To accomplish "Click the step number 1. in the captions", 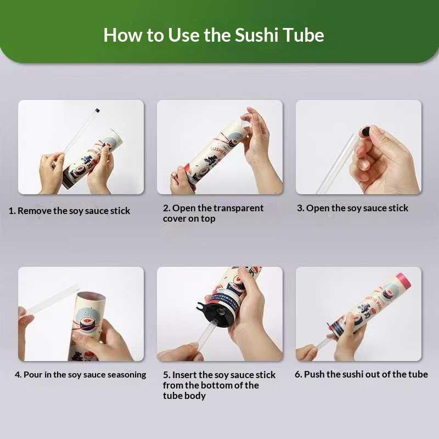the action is [x=12, y=211].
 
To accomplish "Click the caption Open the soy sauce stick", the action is [x=357, y=208].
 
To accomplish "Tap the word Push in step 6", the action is [x=314, y=374].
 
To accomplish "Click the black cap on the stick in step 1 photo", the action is [x=97, y=110].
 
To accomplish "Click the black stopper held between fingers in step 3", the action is [x=365, y=130].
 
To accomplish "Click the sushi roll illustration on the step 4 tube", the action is [x=88, y=323].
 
